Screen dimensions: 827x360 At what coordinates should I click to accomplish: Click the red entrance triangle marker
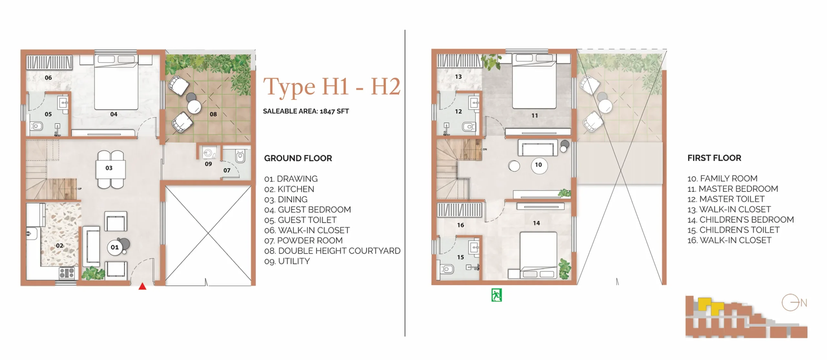point(142,286)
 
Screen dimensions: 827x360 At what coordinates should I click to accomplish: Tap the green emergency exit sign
point(497,295)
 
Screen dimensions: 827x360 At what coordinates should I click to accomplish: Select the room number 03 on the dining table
point(109,168)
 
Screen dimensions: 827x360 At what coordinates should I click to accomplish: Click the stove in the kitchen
point(67,273)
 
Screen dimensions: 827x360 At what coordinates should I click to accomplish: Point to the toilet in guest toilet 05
point(36,126)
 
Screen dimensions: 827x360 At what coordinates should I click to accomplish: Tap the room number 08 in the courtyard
point(213,114)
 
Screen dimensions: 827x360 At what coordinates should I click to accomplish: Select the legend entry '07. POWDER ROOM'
point(303,241)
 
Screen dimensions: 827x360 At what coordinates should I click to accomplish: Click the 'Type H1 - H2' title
point(332,87)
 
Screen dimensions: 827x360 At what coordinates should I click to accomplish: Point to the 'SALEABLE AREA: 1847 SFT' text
point(306,111)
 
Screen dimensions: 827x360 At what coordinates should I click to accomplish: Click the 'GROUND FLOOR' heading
point(298,158)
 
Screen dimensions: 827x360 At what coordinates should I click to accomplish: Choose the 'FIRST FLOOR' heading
point(714,158)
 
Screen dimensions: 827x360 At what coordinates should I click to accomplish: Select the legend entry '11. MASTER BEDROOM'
point(733,189)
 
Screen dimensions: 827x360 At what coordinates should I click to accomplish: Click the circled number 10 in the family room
point(538,165)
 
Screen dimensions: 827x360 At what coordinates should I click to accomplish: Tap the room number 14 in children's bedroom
point(536,223)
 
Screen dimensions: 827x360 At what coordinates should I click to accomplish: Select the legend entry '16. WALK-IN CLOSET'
point(729,240)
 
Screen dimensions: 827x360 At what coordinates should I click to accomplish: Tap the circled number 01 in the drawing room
point(115,248)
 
